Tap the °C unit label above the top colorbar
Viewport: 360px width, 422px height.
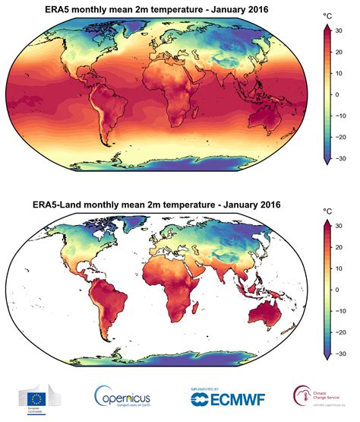pyautogui.click(x=327, y=14)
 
